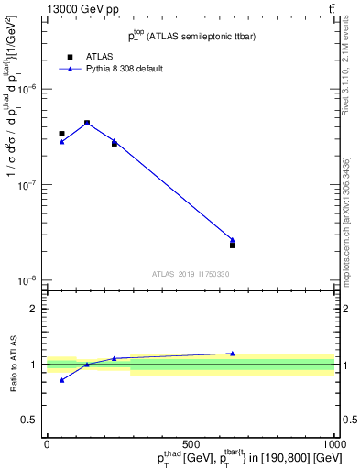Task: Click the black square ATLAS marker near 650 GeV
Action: tap(233, 245)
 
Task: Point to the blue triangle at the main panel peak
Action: tap(87, 122)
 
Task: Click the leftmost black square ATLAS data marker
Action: tap(61, 134)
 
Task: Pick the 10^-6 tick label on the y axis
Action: tap(31, 89)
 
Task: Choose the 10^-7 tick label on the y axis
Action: tap(31, 184)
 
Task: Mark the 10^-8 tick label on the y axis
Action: tap(31, 280)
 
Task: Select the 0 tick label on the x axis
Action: tap(47, 444)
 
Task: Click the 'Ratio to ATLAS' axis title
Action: tap(13, 364)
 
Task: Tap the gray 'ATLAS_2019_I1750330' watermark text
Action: tap(191, 274)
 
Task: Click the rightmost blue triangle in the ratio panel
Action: tap(233, 354)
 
